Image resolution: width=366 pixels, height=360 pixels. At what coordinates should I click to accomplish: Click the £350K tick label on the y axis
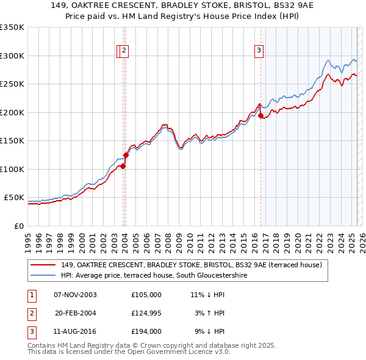tap(12, 27)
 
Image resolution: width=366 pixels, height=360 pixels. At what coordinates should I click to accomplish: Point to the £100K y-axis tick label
tap(12, 169)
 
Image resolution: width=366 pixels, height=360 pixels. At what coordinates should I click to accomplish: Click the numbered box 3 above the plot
tap(259, 51)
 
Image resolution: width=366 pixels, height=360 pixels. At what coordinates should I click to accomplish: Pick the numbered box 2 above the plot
tap(124, 51)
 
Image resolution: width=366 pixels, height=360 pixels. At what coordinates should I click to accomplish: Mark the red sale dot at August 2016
tap(261, 115)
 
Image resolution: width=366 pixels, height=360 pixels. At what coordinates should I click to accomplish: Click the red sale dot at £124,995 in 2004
tap(126, 155)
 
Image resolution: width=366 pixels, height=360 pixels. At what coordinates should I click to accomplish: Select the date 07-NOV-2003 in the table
tap(75, 295)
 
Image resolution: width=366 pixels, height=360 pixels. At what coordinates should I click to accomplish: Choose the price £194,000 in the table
tap(146, 331)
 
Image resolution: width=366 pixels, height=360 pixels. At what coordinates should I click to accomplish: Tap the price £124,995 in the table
tap(146, 313)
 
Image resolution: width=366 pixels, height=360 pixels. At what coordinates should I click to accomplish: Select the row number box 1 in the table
tap(31, 295)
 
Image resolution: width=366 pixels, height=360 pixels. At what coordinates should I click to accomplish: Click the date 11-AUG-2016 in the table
tap(75, 331)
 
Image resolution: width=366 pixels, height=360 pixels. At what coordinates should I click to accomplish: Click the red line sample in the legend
tap(43, 265)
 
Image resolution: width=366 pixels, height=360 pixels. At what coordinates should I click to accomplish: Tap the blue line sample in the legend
tap(43, 276)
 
